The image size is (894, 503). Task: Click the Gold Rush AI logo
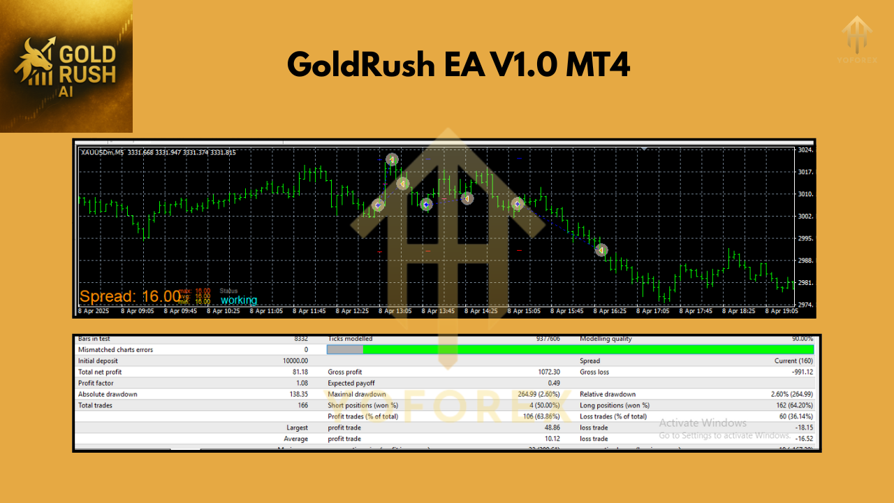[x=66, y=66]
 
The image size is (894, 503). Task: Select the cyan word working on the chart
[x=239, y=300]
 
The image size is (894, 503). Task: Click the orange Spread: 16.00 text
[x=130, y=296]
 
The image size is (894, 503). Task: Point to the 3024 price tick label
[x=806, y=150]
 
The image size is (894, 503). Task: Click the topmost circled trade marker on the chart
[x=392, y=160]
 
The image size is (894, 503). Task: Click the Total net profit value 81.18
[x=299, y=372]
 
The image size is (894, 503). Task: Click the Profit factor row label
[x=96, y=384]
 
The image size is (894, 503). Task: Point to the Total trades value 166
[x=302, y=405]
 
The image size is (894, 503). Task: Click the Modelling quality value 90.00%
[x=801, y=339]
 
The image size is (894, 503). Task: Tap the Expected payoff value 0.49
[x=555, y=384]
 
